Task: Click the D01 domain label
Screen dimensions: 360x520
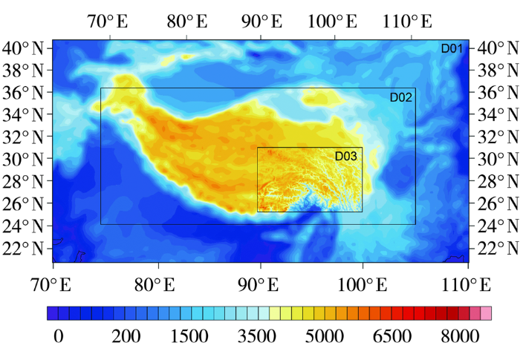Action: (x=452, y=49)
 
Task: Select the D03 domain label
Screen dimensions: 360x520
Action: (x=346, y=156)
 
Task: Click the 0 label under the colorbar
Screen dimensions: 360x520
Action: (x=58, y=336)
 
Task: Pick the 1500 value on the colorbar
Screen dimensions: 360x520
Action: (x=189, y=336)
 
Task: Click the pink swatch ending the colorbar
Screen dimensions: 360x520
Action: (x=487, y=313)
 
